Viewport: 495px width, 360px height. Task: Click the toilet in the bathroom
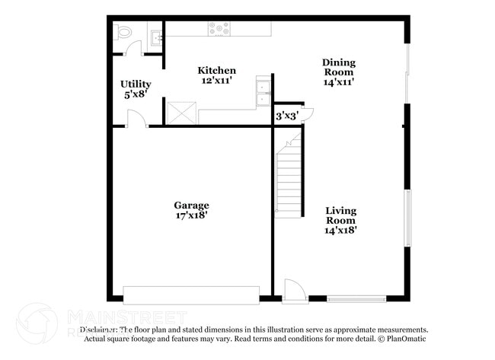coord(123,32)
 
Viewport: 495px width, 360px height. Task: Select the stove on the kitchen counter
coord(219,29)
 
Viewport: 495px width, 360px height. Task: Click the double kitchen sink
coord(263,92)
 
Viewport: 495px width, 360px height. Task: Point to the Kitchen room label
coord(216,71)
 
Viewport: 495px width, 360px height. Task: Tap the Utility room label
coord(136,84)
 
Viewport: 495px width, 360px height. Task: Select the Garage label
coord(191,205)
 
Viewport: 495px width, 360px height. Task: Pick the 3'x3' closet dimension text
coord(286,116)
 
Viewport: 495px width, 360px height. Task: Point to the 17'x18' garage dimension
coord(191,215)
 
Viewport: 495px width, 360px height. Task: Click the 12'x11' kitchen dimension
coord(216,80)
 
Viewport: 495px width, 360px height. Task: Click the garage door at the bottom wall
coord(191,294)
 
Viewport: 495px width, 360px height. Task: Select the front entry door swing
coord(293,289)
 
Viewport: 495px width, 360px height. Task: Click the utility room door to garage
coord(136,119)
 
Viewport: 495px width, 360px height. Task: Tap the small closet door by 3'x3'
coord(307,114)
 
